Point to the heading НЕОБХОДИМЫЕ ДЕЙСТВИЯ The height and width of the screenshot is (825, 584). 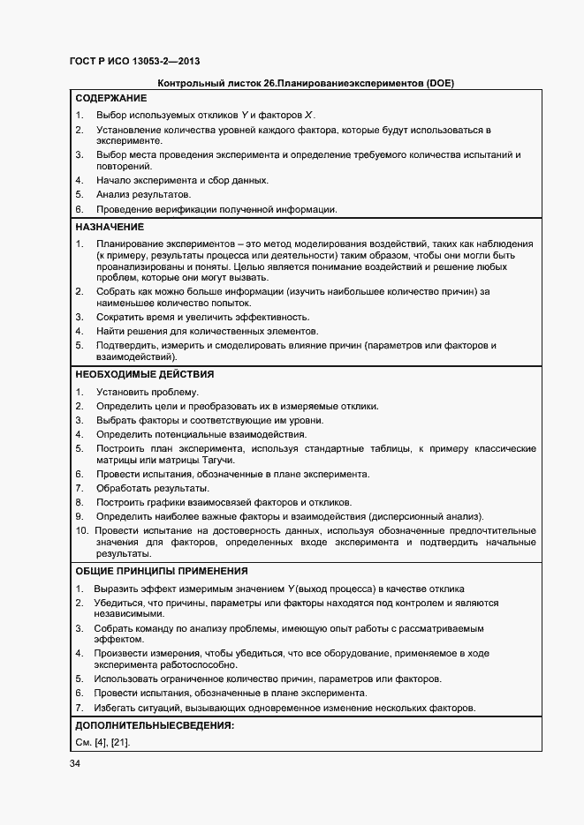click(x=144, y=374)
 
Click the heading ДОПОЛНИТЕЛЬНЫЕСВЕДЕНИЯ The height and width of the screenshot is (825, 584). click(x=155, y=725)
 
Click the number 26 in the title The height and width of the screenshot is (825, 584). click(x=269, y=83)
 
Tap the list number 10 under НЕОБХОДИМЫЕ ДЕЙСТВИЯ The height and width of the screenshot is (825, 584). click(x=81, y=530)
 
